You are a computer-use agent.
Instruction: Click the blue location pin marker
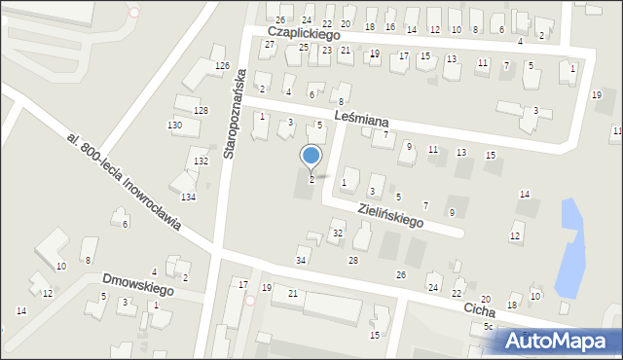[311, 157]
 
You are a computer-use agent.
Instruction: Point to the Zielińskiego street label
[389, 215]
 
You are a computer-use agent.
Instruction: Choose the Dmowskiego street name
[137, 285]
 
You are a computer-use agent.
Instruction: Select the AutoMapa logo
[561, 341]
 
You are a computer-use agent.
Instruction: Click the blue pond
[570, 247]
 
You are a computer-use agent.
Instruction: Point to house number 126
[222, 66]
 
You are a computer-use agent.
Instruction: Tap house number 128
[201, 111]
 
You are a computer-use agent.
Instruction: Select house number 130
[174, 126]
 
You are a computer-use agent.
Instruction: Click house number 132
[201, 162]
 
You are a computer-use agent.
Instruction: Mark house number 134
[188, 198]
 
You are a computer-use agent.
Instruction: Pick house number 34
[302, 261]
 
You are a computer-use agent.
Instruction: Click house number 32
[338, 234]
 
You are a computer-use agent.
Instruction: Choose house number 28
[353, 261]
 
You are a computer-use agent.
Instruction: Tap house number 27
[269, 44]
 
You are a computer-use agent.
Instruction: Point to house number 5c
[489, 328]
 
